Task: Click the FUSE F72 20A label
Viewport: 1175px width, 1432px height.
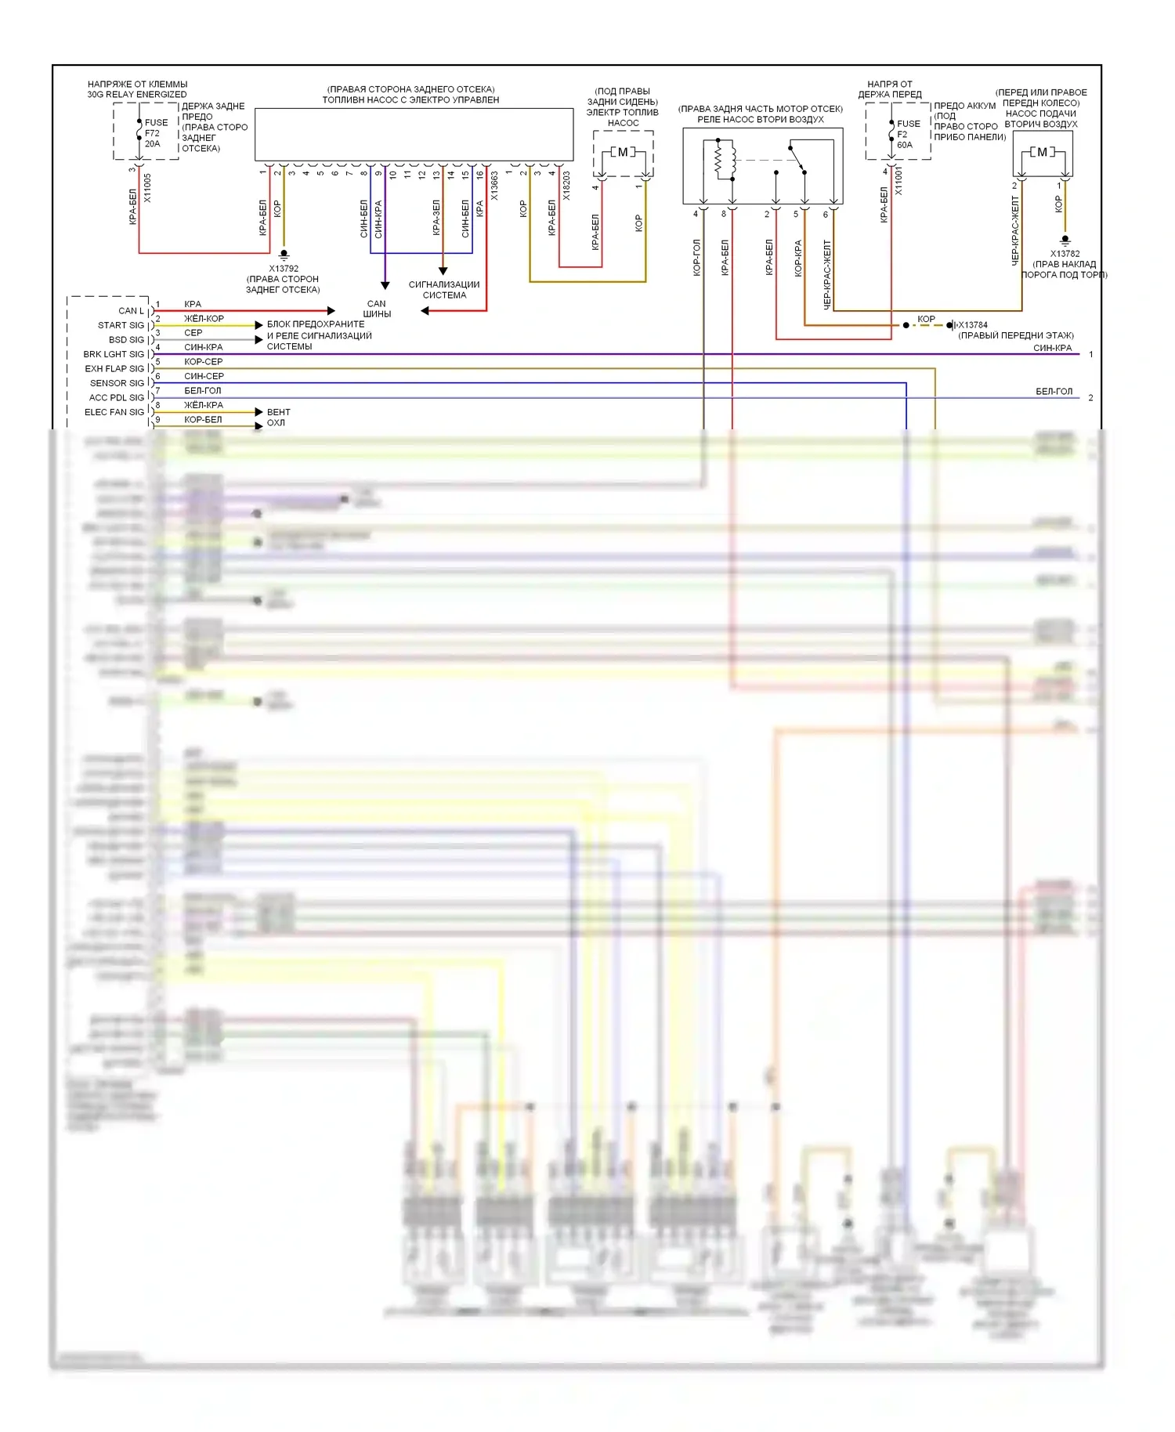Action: (155, 133)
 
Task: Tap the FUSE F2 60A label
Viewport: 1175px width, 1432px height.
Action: (907, 134)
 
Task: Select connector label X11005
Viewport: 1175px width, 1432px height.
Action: (148, 189)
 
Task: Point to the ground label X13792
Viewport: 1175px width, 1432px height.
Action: (284, 269)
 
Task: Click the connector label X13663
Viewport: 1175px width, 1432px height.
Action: (494, 186)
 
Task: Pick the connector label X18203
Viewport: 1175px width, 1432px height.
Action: (566, 186)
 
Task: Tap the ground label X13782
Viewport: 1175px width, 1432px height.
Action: (1065, 254)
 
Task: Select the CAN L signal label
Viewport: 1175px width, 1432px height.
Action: (131, 311)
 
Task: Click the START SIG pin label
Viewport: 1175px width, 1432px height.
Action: (121, 325)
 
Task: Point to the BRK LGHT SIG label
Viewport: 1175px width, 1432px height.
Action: (114, 354)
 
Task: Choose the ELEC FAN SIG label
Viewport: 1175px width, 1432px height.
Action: (114, 412)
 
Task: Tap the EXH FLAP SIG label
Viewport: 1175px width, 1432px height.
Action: (114, 369)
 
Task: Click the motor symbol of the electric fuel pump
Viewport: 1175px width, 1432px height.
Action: (623, 152)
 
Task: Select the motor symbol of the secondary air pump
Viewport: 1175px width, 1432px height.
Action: (1042, 152)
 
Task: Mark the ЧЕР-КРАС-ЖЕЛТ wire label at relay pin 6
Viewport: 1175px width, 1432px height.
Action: (826, 274)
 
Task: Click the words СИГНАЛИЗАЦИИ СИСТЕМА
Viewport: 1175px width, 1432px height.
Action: (444, 290)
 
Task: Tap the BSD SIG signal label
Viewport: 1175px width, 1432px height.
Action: (126, 340)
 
